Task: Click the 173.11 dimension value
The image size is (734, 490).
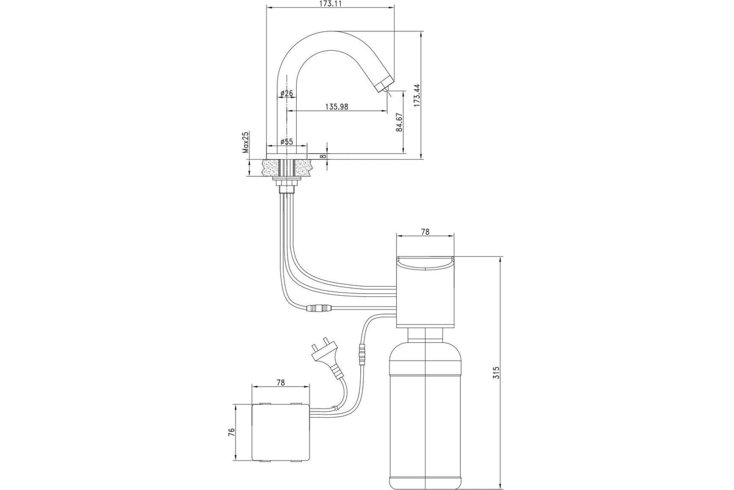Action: (330, 4)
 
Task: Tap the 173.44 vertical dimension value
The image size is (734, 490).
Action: (417, 96)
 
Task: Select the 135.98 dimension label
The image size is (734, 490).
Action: (336, 107)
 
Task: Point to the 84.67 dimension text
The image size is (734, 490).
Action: (399, 123)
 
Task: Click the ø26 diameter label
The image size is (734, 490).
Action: (287, 93)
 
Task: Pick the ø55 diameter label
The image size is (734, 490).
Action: (287, 141)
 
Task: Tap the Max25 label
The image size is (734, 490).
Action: (246, 142)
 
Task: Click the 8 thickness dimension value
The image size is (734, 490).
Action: (324, 157)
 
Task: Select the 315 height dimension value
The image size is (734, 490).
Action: (496, 372)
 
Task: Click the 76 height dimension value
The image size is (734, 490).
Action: (232, 432)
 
